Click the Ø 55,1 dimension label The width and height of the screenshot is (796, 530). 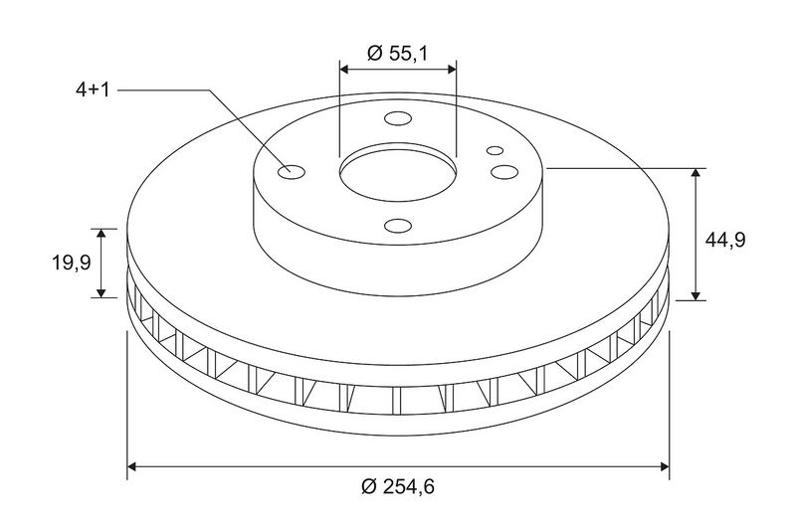(398, 53)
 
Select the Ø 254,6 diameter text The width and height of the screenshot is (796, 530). (398, 487)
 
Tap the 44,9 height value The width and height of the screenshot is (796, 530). (725, 240)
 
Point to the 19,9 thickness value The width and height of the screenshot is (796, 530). (72, 263)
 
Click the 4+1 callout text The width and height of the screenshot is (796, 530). (93, 90)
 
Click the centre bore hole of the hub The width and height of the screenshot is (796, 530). (397, 173)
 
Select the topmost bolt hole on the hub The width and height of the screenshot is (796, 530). (397, 119)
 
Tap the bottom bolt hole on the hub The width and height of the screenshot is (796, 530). (397, 226)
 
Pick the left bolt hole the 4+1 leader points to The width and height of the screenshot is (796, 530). (291, 172)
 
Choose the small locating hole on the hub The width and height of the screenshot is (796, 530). (495, 150)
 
